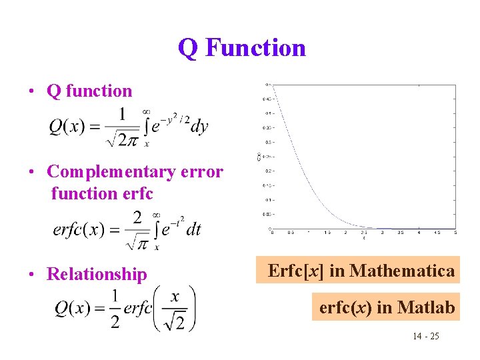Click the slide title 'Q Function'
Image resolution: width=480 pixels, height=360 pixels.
(241, 48)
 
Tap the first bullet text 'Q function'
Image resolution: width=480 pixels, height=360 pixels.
(89, 91)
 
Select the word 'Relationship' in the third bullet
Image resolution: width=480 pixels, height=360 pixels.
(97, 274)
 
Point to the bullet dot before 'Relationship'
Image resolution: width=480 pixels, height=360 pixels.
(31, 274)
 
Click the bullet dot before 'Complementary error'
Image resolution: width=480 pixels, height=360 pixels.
(31, 171)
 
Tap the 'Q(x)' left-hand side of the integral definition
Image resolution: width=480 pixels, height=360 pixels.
(67, 127)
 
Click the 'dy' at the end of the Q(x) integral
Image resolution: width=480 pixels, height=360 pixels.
(199, 127)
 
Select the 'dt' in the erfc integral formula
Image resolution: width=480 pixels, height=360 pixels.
(193, 229)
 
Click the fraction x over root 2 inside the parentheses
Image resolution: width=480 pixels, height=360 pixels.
(175, 308)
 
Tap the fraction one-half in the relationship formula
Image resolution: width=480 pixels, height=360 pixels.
(115, 308)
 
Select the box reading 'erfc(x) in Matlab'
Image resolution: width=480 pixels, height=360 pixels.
(387, 307)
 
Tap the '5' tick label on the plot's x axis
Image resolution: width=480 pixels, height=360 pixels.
(455, 233)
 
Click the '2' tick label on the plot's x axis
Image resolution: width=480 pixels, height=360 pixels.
(345, 233)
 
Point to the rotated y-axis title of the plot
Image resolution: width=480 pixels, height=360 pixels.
(259, 157)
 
